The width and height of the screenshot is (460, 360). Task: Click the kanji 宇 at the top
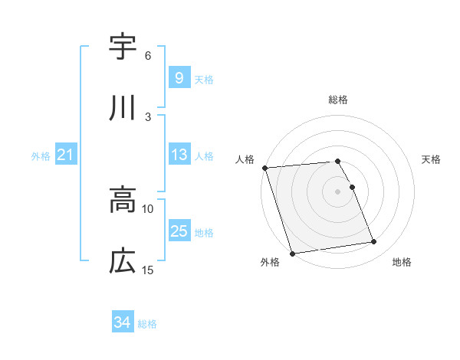tap(123, 47)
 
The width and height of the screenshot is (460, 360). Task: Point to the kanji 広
tap(123, 261)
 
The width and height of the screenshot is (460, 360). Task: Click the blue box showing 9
tap(179, 77)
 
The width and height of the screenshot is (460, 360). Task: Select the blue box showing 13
tap(179, 155)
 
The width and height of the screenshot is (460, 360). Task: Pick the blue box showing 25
tap(179, 231)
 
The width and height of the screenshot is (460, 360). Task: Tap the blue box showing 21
tap(65, 155)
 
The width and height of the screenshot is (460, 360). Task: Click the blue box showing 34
tap(122, 322)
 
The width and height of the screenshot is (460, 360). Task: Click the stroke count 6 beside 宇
tap(148, 55)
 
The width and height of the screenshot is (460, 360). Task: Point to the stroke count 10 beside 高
tap(148, 208)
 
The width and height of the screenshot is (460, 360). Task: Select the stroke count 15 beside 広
tap(148, 270)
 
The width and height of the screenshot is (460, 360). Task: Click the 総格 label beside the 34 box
tap(147, 324)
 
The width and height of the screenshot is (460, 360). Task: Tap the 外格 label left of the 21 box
tap(41, 155)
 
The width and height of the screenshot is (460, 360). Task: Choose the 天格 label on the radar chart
tap(431, 159)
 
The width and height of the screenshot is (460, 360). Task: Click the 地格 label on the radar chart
tap(402, 263)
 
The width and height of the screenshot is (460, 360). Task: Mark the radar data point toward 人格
tap(264, 168)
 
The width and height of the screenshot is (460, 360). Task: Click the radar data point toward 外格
tap(292, 252)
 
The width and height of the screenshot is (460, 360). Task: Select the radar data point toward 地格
tap(373, 242)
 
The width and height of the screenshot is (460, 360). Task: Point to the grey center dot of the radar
tap(337, 191)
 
